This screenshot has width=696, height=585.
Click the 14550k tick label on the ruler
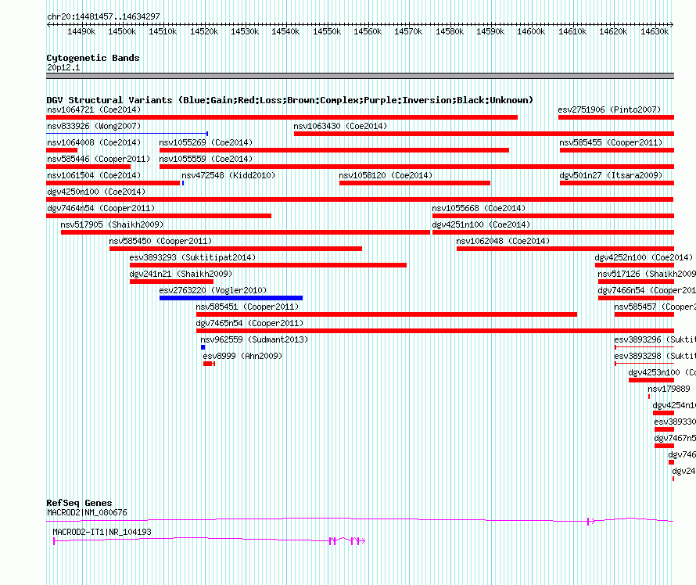(326, 31)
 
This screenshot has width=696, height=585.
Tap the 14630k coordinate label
(654, 31)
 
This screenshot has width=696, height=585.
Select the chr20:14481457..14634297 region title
(103, 16)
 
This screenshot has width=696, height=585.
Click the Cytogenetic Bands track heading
(92, 58)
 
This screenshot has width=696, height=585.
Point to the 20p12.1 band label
(63, 67)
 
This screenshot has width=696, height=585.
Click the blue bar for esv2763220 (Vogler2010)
(231, 298)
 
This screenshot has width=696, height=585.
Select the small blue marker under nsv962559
(203, 347)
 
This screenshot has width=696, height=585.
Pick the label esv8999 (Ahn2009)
(242, 356)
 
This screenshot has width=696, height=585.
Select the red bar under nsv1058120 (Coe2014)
(414, 183)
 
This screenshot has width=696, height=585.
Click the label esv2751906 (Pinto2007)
(609, 109)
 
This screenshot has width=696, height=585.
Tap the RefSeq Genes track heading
(79, 503)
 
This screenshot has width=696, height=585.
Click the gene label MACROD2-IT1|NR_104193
(102, 532)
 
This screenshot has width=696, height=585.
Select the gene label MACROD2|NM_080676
(87, 512)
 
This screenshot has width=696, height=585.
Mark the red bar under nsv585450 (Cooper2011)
(235, 249)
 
